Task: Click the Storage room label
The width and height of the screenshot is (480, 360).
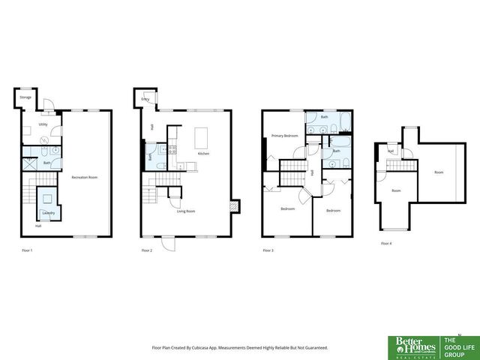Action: coord(25,98)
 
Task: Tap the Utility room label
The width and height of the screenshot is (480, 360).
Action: coord(43,124)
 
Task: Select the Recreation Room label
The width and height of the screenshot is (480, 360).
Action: coord(85,177)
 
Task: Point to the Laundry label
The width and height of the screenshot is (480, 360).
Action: coord(48,213)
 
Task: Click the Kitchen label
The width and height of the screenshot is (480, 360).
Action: coord(203,154)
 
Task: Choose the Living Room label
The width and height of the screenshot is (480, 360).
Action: coord(186,212)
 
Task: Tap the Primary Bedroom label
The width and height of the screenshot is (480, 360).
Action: coord(285,136)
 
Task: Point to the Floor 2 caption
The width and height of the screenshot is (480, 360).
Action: coord(146,250)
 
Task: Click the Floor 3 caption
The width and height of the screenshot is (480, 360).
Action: coord(268,250)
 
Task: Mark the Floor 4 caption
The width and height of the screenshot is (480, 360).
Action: coord(386,244)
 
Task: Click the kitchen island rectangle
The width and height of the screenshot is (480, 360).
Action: coord(200,138)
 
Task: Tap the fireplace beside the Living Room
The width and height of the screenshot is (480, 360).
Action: coord(236,205)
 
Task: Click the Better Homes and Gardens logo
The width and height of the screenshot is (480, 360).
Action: coord(410,345)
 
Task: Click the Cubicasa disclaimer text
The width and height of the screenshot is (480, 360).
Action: coord(240,348)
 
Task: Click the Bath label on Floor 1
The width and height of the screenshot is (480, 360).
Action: coord(46,163)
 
